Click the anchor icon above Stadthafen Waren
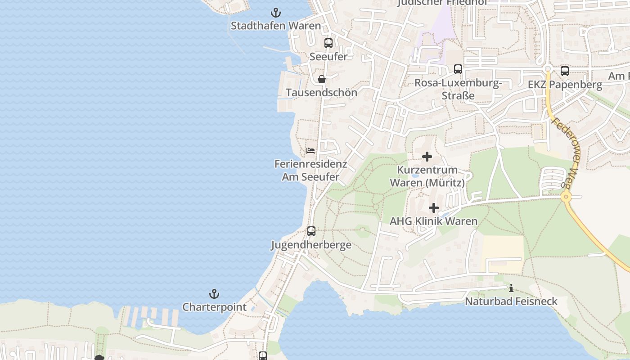pos(275,13)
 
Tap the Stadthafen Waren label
pos(276,26)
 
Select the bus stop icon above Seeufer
pos(328,43)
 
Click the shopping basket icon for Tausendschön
pos(322,79)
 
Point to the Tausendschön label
pos(321,93)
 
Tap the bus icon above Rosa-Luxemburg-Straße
pos(458,69)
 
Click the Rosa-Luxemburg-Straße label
pos(458,89)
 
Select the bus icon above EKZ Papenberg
pos(565,71)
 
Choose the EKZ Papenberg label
pos(565,85)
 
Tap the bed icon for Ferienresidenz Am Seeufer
pos(310,151)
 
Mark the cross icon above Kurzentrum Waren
pos(427,157)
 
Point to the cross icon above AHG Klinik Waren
pos(434,208)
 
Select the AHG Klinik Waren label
pos(433,221)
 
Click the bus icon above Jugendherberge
pos(311,231)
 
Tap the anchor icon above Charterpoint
pos(214,294)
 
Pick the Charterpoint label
pos(214,307)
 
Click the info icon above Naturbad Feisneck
pos(511,288)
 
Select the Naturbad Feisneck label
pos(511,301)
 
